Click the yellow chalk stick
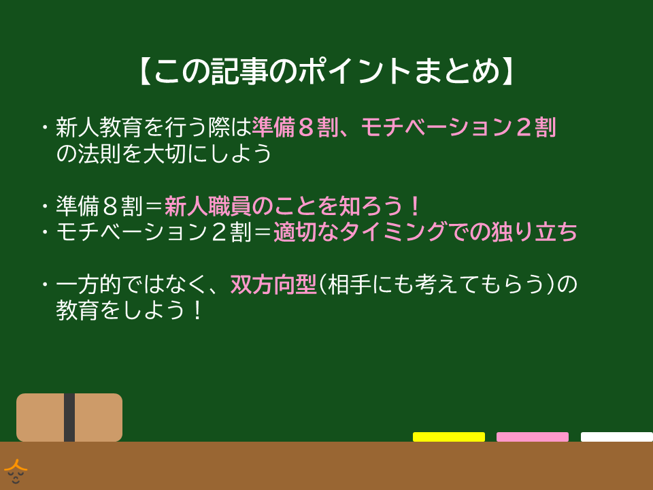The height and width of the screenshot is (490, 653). (448, 437)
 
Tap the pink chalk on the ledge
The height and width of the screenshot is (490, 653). (532, 437)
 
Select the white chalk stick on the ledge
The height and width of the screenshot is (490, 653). (617, 437)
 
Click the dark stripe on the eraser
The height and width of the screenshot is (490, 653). (69, 417)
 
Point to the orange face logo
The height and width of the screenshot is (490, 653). (16, 471)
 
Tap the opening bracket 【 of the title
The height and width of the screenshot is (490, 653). (146, 71)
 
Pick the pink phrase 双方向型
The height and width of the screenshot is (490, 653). (273, 284)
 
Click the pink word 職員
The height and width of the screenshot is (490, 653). (230, 206)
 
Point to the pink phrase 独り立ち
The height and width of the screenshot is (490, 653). (535, 232)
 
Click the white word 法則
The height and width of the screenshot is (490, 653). (99, 154)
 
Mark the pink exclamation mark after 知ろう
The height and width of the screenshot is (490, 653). (415, 206)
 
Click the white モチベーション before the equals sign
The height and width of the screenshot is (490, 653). (132, 232)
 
